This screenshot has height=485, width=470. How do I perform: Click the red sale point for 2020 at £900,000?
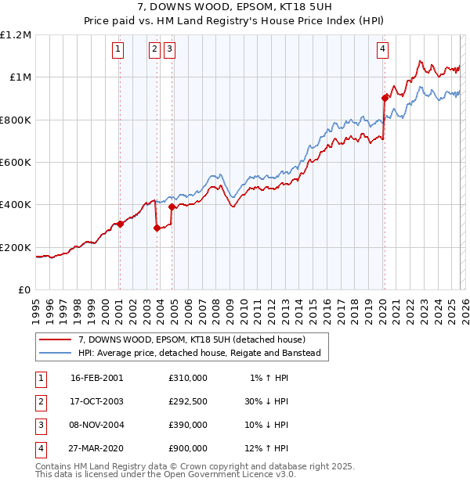tap(385, 98)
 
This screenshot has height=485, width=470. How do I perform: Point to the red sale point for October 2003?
tap(157, 228)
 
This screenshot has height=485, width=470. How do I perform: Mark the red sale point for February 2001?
tap(120, 224)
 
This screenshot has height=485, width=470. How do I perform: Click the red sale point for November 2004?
tap(172, 207)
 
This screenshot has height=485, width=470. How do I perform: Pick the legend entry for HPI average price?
tap(204, 353)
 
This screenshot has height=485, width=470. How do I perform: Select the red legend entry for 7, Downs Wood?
tap(197, 339)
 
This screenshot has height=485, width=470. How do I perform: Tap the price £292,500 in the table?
tap(188, 401)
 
